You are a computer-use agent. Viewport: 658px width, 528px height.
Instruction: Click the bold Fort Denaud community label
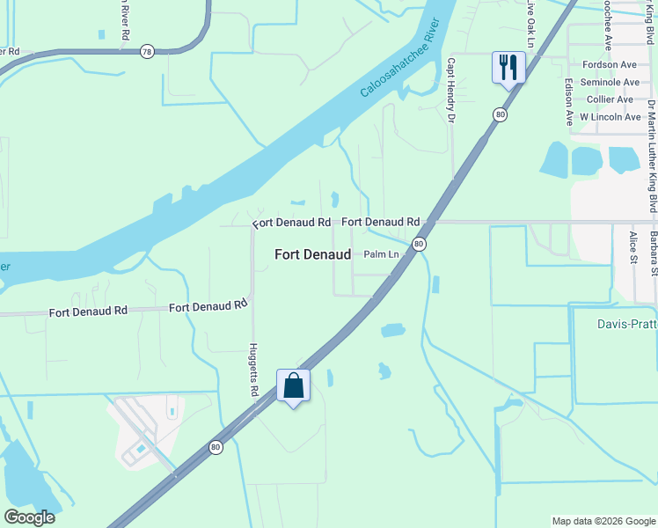pos(312,254)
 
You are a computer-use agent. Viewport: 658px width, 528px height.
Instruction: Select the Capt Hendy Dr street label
pos(450,90)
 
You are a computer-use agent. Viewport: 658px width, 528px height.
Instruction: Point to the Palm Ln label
pos(381,254)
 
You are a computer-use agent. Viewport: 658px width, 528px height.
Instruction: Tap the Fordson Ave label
pos(610,65)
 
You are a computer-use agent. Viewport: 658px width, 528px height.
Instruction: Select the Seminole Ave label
pos(610,82)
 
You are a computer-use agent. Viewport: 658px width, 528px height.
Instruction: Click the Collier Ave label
pos(612,99)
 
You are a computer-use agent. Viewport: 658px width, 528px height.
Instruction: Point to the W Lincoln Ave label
pos(609,116)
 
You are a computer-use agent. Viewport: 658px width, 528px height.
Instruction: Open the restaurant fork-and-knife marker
pos(508,67)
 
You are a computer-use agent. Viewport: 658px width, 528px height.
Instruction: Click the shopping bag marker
pos(293,385)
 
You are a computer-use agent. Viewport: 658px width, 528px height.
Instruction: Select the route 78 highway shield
pos(146,52)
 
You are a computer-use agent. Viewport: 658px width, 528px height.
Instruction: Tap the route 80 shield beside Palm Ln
pos(420,244)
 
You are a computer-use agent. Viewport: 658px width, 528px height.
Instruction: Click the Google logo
pos(29,517)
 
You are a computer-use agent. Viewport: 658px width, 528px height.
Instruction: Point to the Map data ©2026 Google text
pos(603,521)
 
